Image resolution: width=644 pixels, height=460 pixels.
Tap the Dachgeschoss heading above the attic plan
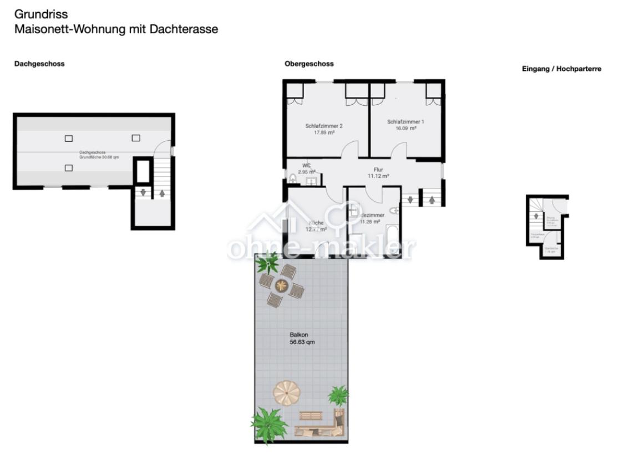point(39,64)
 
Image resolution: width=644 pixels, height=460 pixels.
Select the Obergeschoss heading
point(309,64)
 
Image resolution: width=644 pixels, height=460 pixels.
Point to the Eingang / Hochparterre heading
point(561,69)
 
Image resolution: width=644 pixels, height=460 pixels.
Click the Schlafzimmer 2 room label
point(324,126)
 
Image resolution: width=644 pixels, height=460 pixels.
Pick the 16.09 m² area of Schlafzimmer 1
point(406,128)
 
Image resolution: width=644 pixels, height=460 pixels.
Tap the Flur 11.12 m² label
point(378,173)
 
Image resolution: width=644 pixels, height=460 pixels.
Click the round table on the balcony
point(282,285)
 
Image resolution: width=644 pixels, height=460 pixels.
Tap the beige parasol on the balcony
point(287,393)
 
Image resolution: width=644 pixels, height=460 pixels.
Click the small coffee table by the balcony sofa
point(310,416)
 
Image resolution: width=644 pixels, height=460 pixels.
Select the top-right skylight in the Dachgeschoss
point(136,137)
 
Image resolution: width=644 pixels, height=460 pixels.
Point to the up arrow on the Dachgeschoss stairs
point(162,193)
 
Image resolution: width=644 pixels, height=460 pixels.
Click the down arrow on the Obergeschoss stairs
point(410,199)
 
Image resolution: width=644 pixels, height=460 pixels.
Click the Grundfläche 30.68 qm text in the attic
point(99,157)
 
